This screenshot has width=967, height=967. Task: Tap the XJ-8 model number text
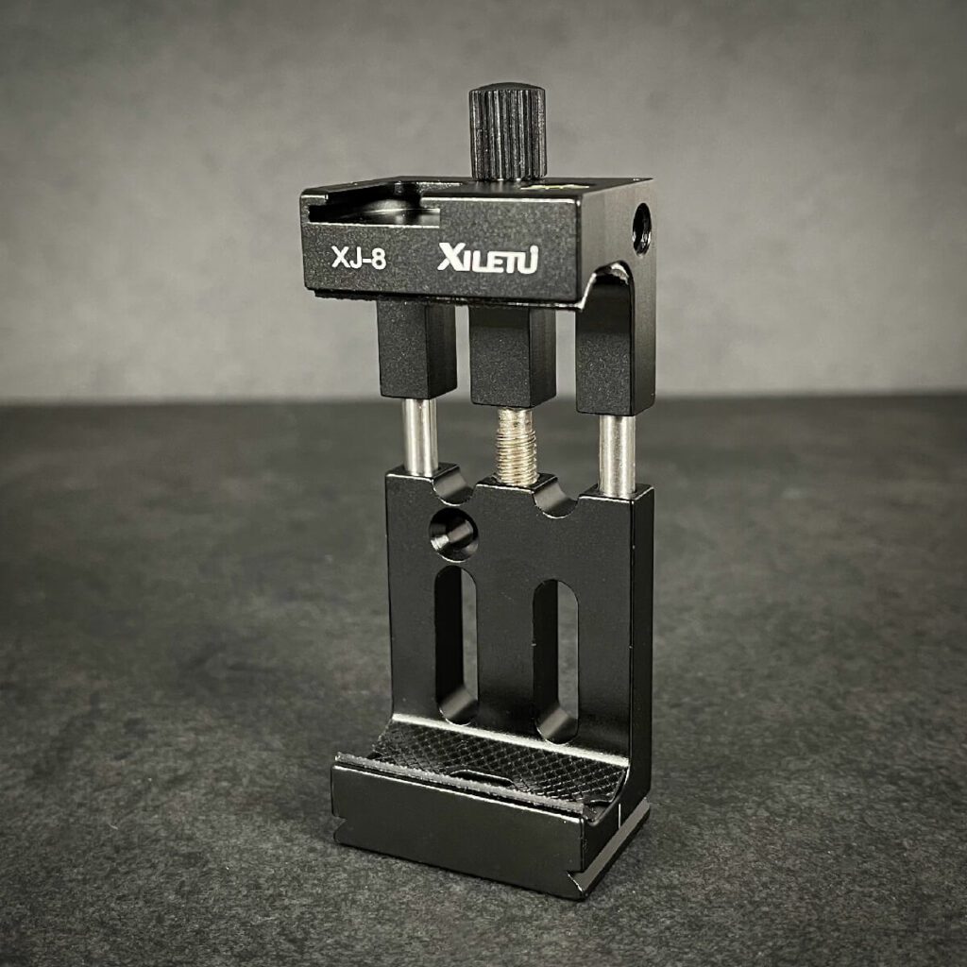[359, 258]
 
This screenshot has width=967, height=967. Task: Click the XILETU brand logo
[488, 258]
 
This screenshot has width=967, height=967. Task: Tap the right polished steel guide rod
[618, 455]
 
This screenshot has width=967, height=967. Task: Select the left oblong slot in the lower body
[456, 644]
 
